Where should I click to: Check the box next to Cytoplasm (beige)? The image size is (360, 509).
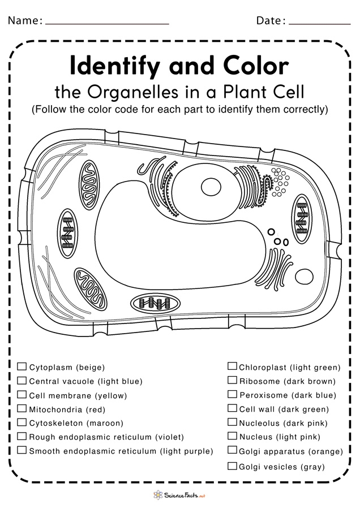[22, 366]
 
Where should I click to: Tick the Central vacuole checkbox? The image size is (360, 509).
[22, 381]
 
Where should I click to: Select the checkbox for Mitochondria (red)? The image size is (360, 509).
[22, 408]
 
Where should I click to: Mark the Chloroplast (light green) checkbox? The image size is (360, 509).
[232, 366]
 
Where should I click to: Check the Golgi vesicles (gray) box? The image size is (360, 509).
[232, 466]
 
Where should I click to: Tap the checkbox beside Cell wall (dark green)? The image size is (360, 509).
[232, 408]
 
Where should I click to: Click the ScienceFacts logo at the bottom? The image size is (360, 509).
[179, 495]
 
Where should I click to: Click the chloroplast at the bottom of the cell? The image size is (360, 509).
[158, 304]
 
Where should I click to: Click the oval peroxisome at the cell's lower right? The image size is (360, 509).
[304, 277]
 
